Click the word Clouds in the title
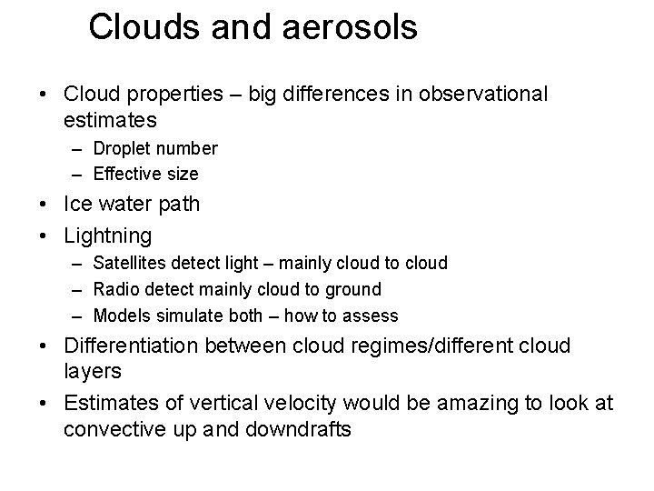click(x=142, y=27)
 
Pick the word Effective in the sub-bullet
click(x=125, y=173)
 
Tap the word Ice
click(x=78, y=204)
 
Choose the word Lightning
click(x=108, y=236)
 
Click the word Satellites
click(x=130, y=264)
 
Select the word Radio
click(x=116, y=289)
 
